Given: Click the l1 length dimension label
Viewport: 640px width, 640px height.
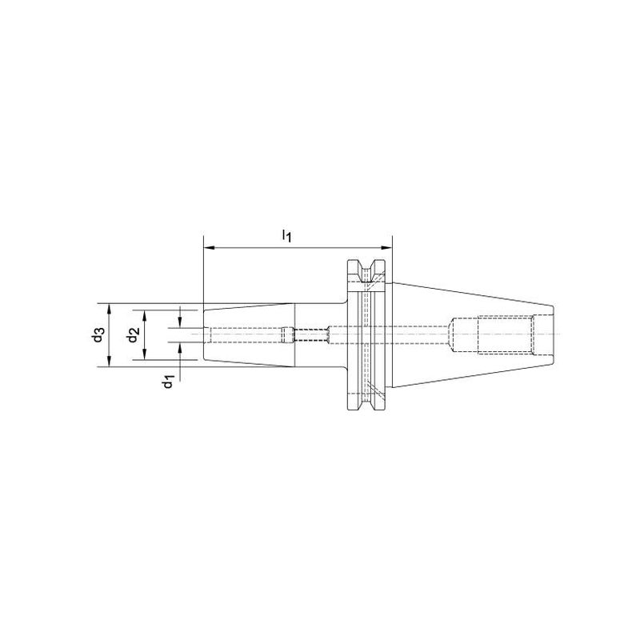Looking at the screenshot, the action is pyautogui.click(x=287, y=236).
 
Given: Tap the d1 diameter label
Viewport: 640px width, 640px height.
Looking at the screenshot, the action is pyautogui.click(x=168, y=382).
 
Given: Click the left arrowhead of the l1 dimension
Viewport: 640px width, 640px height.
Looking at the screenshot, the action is pyautogui.click(x=209, y=248).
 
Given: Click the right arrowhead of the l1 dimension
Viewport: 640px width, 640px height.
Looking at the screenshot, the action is pyautogui.click(x=386, y=248).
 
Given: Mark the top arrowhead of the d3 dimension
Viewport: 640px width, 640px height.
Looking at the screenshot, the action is pyautogui.click(x=109, y=310).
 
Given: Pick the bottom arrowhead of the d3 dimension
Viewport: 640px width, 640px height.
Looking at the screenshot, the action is pyautogui.click(x=109, y=361).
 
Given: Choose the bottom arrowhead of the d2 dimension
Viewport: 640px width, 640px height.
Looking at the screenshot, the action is pyautogui.click(x=144, y=354).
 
